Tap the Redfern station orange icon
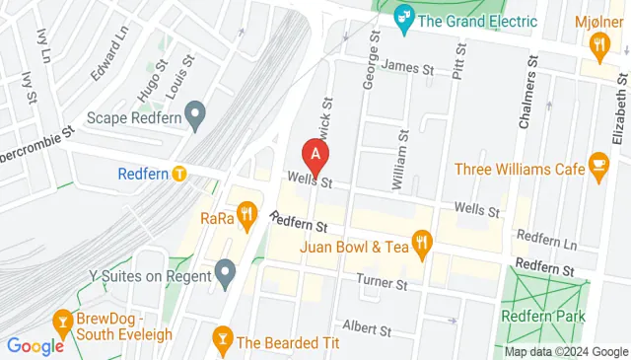click(x=178, y=174)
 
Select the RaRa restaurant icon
click(x=246, y=212)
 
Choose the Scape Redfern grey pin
click(x=195, y=116)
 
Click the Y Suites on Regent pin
click(x=226, y=270)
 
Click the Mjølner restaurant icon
click(x=597, y=44)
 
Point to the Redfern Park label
click(x=543, y=316)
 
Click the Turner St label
click(x=382, y=285)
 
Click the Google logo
click(x=35, y=345)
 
